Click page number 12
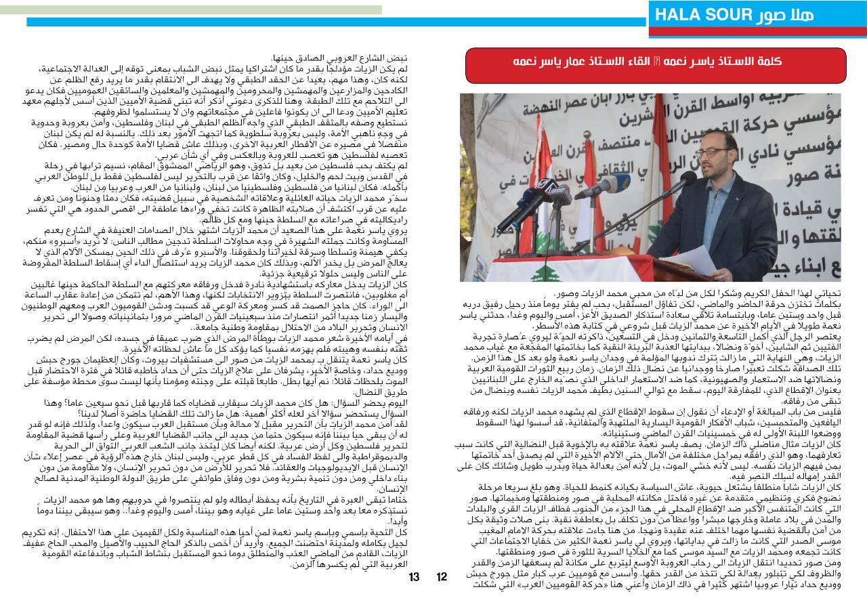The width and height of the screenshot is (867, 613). tap(442, 577)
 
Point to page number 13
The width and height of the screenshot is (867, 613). tap(415, 577)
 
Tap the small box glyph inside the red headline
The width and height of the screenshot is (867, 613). tap(650, 62)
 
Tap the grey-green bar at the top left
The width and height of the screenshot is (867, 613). tap(190, 10)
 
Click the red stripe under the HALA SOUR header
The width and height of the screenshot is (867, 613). tap(757, 33)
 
